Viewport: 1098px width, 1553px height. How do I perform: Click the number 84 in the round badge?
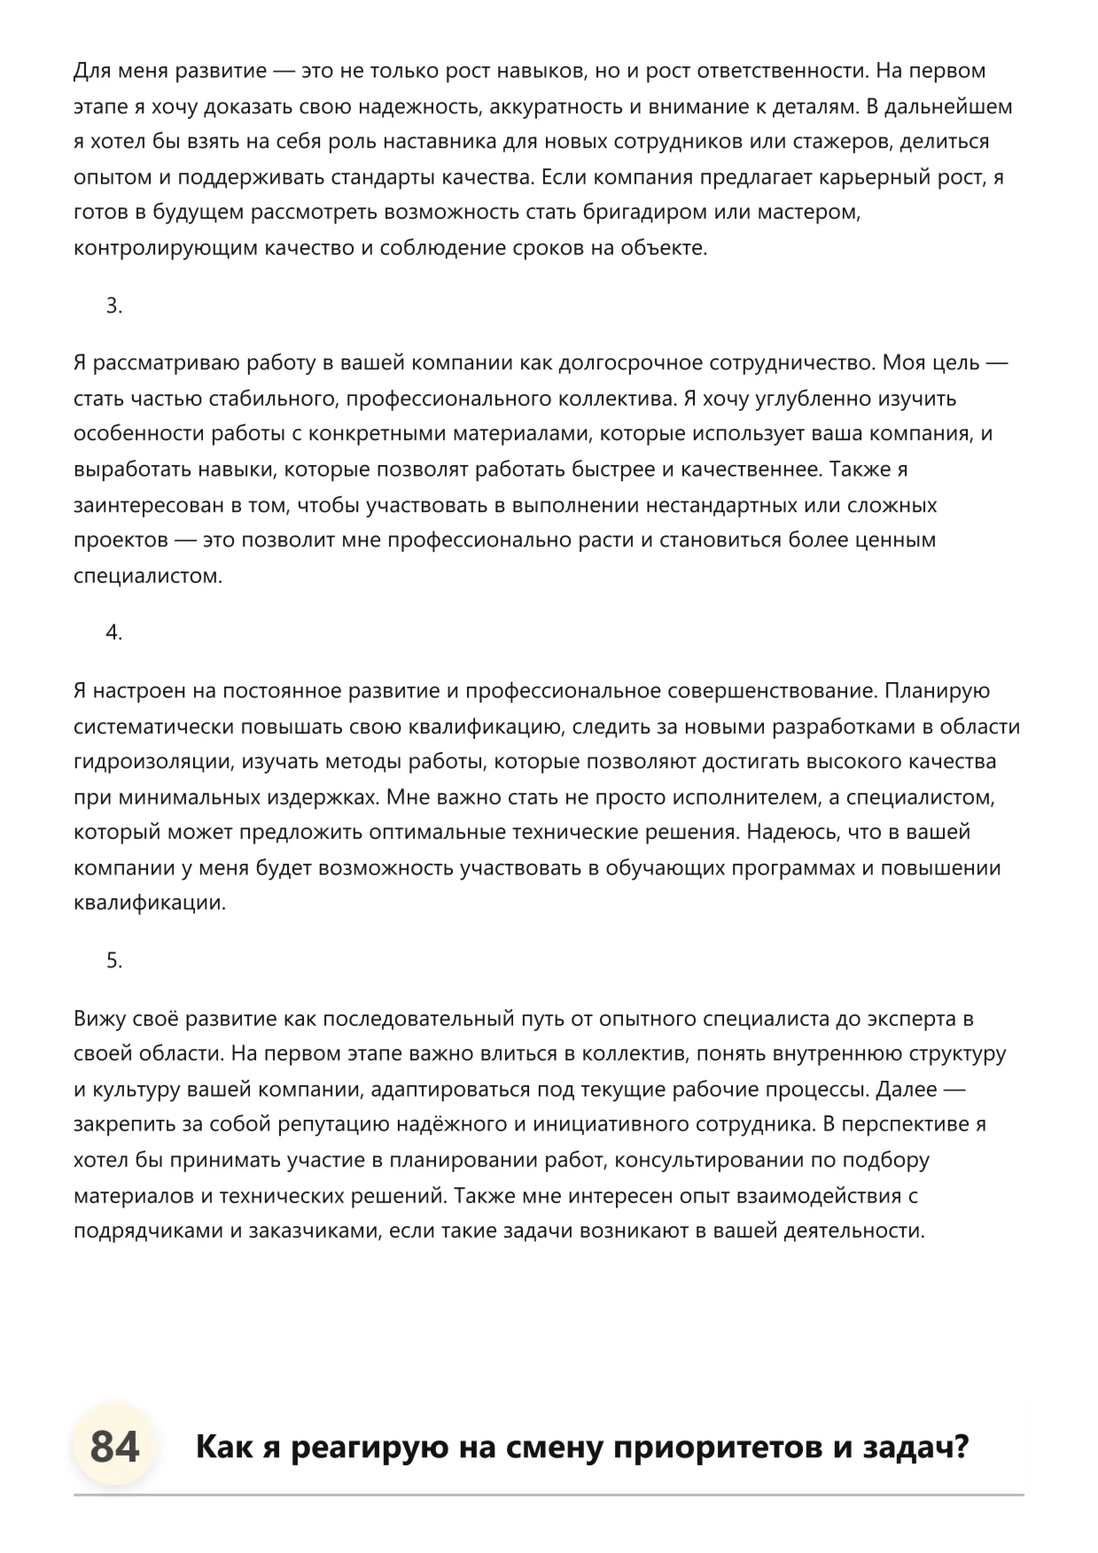coord(115,1448)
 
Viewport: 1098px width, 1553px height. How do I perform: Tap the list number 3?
coord(113,306)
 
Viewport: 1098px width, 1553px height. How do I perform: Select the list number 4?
coord(113,633)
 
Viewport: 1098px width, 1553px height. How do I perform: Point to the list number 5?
coord(113,960)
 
